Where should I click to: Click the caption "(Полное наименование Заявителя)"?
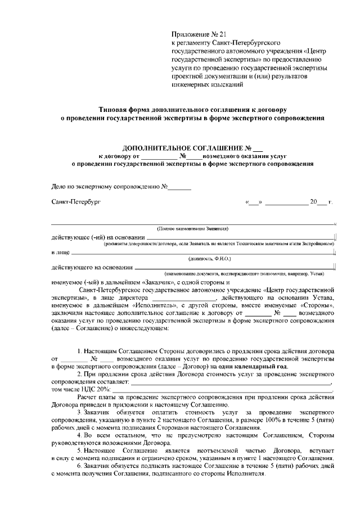pos(192,229)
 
